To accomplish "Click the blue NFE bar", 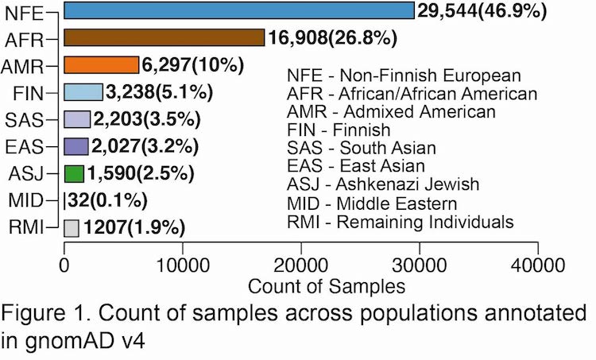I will coord(238,10).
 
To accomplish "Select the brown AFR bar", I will coord(164,37).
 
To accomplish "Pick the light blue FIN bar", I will coord(83,92).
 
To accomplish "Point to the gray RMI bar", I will coord(71,228).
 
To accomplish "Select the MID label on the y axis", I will coord(36,202).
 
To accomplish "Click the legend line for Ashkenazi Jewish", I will coord(383,184).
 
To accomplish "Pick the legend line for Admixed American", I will coord(392,111).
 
